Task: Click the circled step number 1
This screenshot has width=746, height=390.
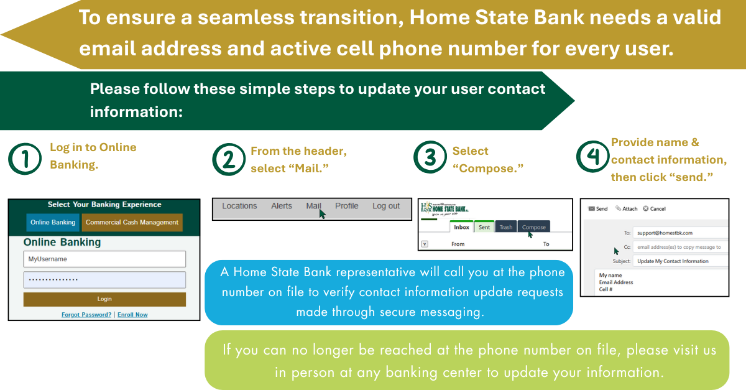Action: coord(25,159)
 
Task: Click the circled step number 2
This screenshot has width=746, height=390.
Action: coord(229,160)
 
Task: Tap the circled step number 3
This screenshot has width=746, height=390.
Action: coord(430,157)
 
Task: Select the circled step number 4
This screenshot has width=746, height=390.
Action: coord(593,156)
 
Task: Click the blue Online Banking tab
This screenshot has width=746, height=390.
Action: coord(53,222)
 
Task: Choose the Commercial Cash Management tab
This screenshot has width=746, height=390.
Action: coord(132,222)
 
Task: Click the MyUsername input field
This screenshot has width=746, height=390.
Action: coord(104,259)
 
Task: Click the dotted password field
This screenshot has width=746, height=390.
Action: coord(104,280)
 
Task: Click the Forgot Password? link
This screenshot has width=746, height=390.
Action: coord(86,315)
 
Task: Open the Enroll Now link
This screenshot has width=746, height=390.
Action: coord(132,315)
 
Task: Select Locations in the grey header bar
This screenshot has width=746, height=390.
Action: coord(239,206)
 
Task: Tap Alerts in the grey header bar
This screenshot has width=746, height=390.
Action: coord(282,206)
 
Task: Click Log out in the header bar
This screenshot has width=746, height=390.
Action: coord(386,206)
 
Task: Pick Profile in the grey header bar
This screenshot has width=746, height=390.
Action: coord(347,206)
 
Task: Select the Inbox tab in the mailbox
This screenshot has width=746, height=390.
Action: coord(461,226)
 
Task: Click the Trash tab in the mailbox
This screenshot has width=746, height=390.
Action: coord(506,226)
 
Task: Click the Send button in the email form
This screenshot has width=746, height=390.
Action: coord(598,208)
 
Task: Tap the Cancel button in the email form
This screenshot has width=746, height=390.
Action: coord(654,208)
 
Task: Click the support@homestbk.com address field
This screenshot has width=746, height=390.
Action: coord(680,233)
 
